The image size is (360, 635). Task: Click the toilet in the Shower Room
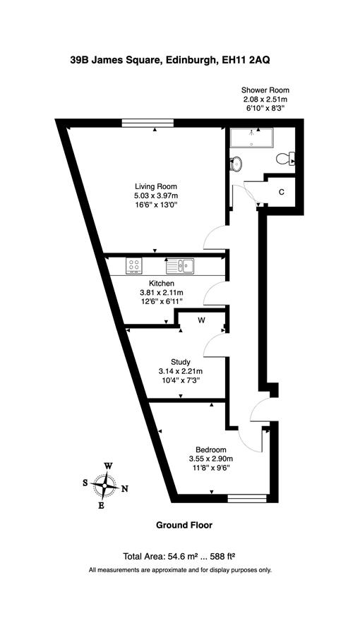pos(286,159)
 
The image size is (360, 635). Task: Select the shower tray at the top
pos(251,138)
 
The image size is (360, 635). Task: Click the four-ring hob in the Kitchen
pos(134,266)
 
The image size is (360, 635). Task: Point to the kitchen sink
pos(180,266)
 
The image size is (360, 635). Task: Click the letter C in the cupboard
pos(281,192)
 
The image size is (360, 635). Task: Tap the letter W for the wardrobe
pos(201,320)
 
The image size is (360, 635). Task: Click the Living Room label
pos(156,187)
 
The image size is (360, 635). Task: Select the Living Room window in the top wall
pos(148,123)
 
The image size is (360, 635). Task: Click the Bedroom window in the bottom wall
pos(247,498)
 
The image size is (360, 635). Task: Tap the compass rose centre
pos(105,485)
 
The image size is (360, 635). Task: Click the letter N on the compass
pos(125,489)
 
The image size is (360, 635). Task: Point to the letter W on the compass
pos(109,466)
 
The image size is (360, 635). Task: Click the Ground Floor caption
pos(184,525)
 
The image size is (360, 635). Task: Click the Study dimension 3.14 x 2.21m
pos(181,370)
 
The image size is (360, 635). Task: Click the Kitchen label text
pos(162,283)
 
